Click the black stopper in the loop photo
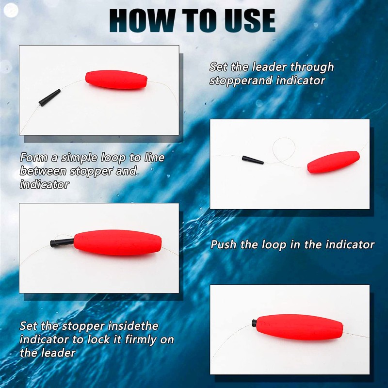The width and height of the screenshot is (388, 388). point(252,160)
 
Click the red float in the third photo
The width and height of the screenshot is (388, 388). point(117,242)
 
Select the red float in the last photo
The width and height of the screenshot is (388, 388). point(299,327)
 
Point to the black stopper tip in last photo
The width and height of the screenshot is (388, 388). point(254,323)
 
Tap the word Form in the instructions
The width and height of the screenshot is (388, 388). point(32,158)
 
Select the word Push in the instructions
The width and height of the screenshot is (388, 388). point(224,244)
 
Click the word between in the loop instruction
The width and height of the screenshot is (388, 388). point(43,171)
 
